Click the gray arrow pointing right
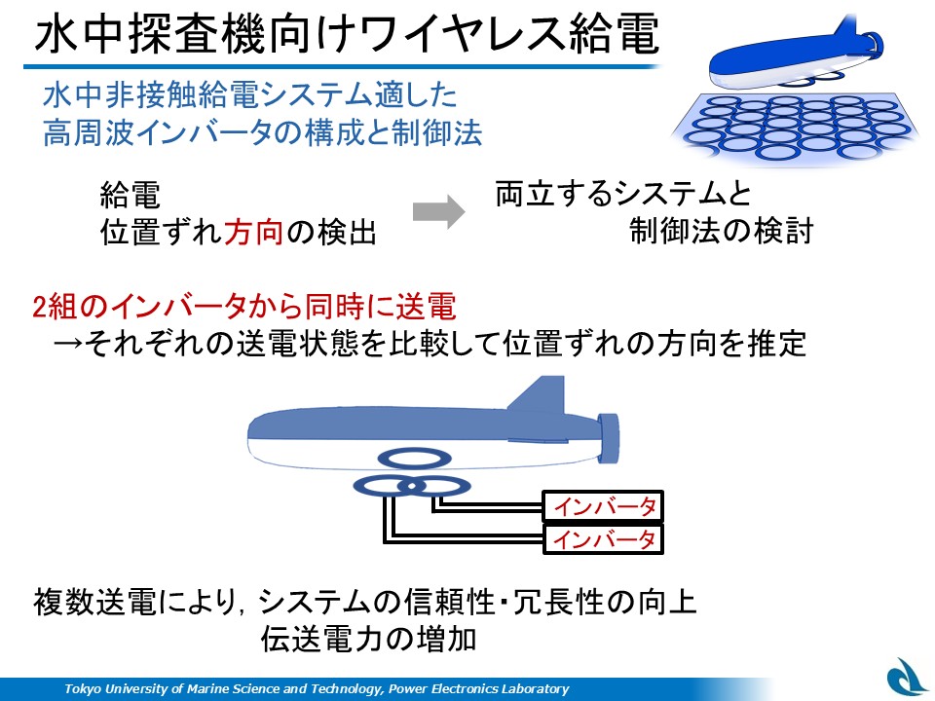(x=438, y=211)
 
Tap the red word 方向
(x=253, y=233)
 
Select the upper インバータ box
(x=603, y=506)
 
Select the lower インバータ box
(x=603, y=539)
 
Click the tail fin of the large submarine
(x=540, y=394)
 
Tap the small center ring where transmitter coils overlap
(x=411, y=487)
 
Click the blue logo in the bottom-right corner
(x=907, y=679)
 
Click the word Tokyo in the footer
(x=82, y=689)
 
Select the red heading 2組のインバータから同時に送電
(x=244, y=307)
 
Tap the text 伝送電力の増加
(x=368, y=639)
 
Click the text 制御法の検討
(x=722, y=231)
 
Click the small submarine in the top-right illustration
(x=796, y=54)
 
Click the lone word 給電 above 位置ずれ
(x=130, y=195)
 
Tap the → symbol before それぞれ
(x=68, y=344)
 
